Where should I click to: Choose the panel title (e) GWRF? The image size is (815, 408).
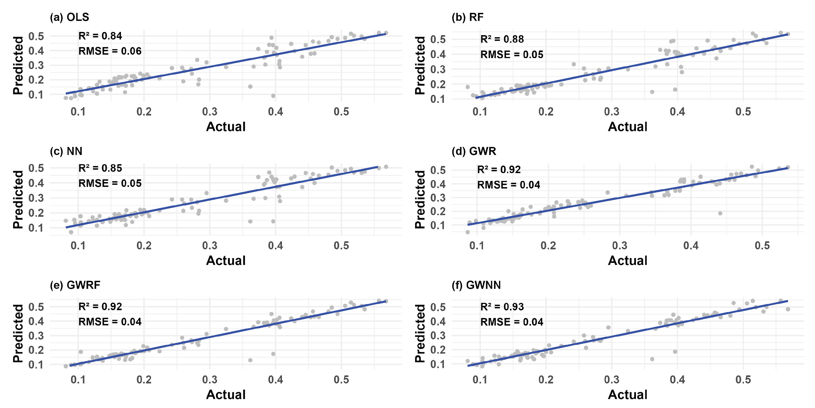[75, 285]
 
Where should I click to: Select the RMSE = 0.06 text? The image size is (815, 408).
[110, 51]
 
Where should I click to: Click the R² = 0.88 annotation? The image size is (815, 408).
[502, 39]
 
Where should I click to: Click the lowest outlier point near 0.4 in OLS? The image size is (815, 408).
[273, 96]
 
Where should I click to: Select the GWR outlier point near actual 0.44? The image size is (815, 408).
[720, 213]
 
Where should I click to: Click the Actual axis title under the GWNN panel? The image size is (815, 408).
[627, 394]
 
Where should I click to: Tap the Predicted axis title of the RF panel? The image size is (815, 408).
[420, 65]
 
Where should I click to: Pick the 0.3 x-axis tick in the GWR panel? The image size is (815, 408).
[619, 246]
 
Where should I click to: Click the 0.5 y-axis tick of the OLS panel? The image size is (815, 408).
[36, 36]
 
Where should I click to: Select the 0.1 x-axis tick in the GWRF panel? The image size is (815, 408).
[78, 380]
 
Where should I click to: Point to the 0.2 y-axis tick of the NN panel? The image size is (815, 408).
[36, 213]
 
